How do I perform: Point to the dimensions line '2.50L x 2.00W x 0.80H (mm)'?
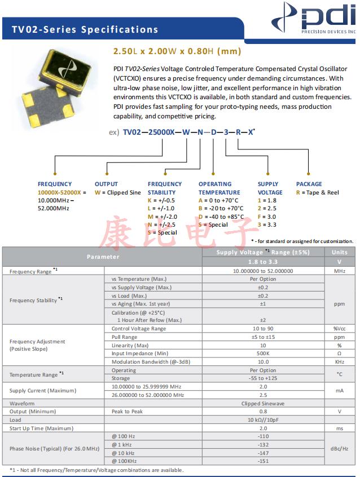tap(177, 51)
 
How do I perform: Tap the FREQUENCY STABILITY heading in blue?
tap(165, 188)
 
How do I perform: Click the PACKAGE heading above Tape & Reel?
tap(309, 184)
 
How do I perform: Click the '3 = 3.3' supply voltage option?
tap(267, 224)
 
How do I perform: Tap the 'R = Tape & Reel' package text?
tap(317, 192)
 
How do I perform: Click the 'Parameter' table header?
tap(103, 257)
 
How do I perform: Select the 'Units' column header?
tap(339, 252)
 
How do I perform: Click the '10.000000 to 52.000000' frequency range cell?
tap(263, 271)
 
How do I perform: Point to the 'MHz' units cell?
tap(339, 271)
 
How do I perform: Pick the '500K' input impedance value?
tap(263, 354)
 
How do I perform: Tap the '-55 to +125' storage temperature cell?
tap(263, 378)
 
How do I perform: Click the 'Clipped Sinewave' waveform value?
tap(263, 403)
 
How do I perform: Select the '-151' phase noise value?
tap(263, 461)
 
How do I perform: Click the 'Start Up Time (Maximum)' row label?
tap(41, 429)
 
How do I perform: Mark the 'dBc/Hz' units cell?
tap(339, 448)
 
